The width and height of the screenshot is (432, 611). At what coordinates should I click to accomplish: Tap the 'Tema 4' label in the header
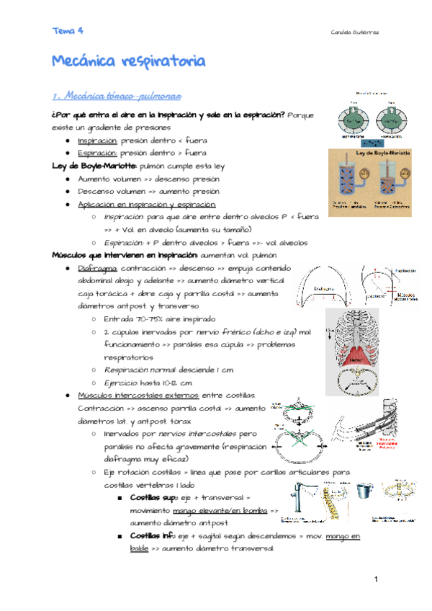(68, 30)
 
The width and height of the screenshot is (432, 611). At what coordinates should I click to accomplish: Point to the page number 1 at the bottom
(376, 581)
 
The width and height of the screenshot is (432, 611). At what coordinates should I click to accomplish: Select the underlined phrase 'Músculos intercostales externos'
(135, 395)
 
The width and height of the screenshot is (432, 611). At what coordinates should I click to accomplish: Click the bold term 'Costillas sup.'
(152, 497)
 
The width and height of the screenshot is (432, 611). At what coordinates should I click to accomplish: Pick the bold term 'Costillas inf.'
(150, 536)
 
